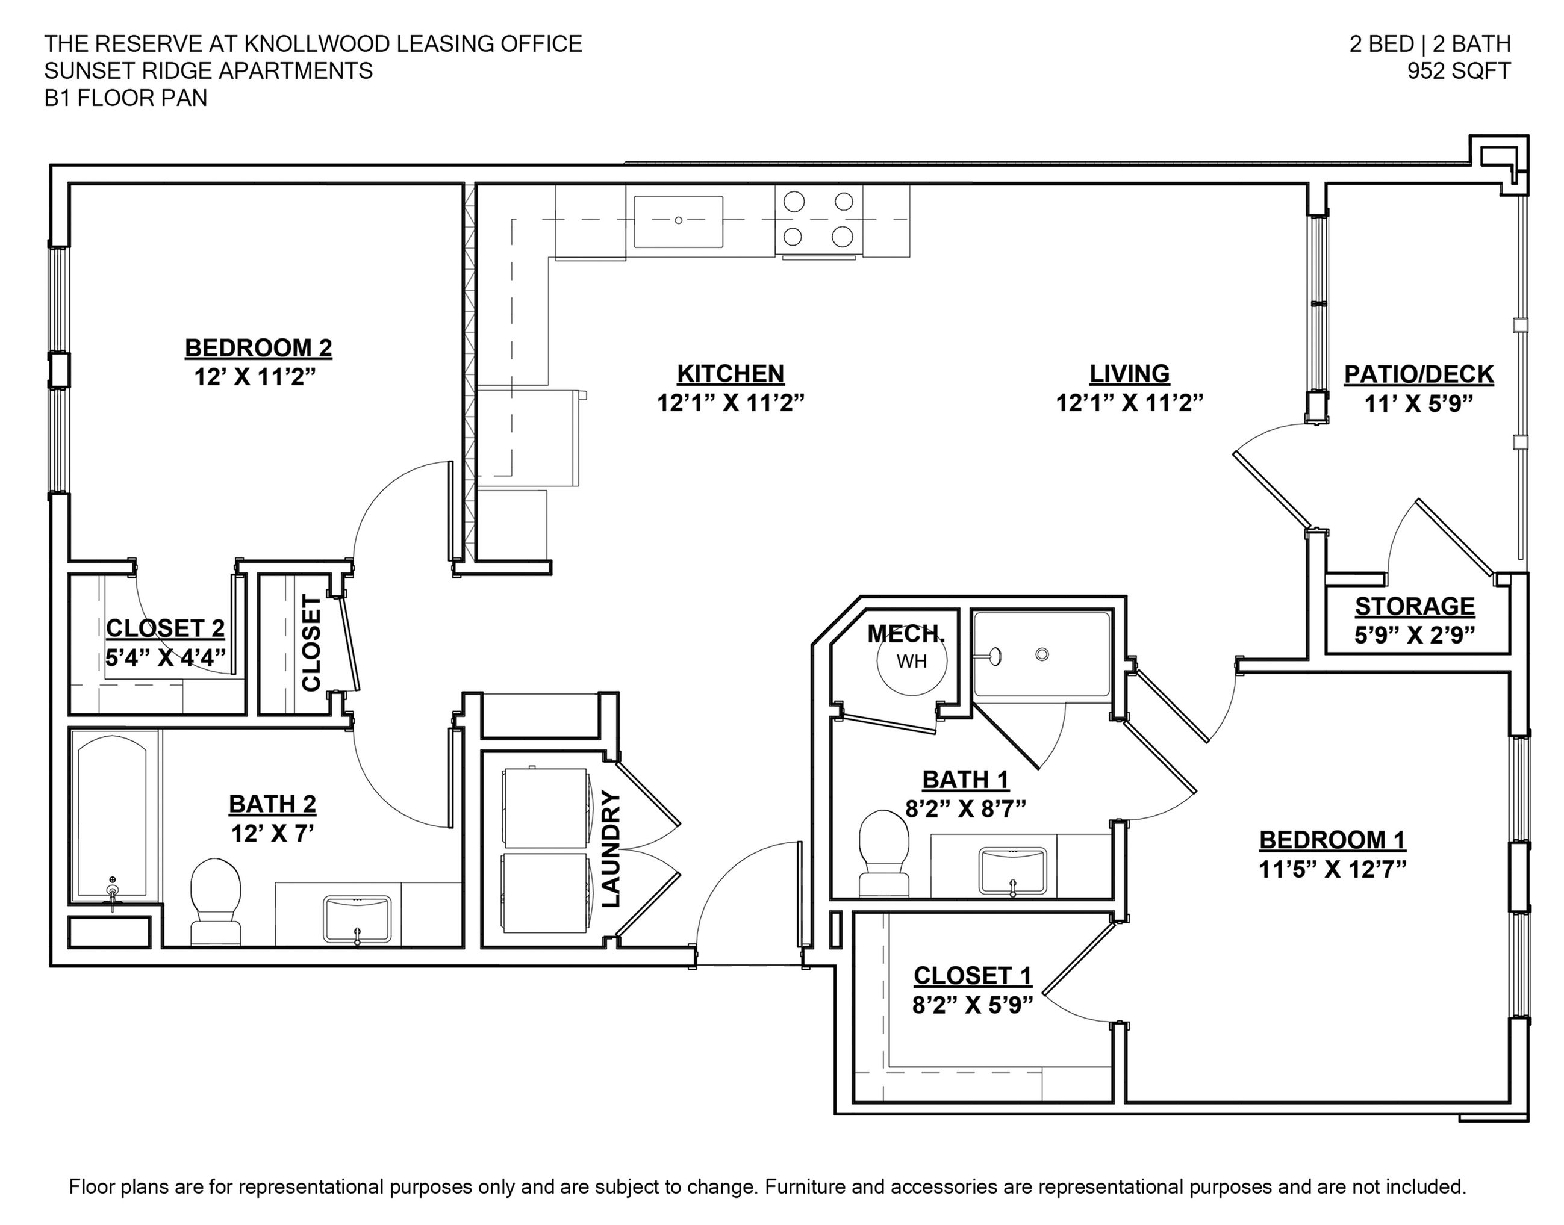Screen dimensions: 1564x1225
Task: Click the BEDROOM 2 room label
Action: click(258, 348)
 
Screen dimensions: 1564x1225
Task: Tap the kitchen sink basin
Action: click(678, 221)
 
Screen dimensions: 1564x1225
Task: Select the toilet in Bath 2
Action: click(215, 902)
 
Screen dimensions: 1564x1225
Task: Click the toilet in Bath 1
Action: click(884, 854)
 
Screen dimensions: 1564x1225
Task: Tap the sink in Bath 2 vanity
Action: click(357, 919)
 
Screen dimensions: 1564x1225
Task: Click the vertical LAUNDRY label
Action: click(610, 848)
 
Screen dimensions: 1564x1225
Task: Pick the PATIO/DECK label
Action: click(1418, 374)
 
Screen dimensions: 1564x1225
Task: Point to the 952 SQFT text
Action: click(1459, 71)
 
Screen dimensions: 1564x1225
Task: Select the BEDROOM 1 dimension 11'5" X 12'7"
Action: click(1332, 869)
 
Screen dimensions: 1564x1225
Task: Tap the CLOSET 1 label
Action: click(972, 975)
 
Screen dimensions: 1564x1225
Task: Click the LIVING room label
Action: click(1129, 374)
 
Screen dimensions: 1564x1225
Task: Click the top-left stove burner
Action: click(794, 202)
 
